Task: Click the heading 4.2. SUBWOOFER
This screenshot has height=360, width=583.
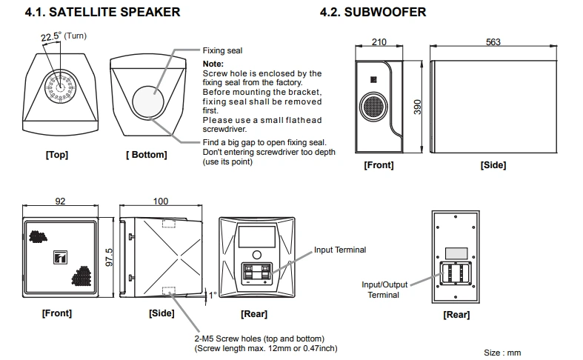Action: [x=373, y=12]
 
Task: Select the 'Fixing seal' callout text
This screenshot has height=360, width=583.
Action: [x=223, y=51]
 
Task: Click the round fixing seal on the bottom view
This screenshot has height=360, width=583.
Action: [x=151, y=100]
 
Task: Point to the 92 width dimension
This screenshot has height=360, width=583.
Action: [x=61, y=201]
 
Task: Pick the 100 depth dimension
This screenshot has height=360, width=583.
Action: [x=160, y=201]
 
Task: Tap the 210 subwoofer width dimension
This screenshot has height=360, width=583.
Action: [x=379, y=41]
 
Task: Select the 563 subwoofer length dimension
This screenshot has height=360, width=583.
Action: [x=493, y=41]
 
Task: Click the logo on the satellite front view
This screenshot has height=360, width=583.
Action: [x=61, y=259]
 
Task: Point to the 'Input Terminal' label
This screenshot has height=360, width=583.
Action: [x=340, y=250]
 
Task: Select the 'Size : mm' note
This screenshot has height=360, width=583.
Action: [x=502, y=353]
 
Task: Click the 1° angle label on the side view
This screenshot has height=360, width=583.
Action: [x=213, y=294]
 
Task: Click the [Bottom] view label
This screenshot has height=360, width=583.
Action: [x=146, y=155]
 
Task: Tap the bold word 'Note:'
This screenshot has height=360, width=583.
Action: [x=213, y=64]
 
